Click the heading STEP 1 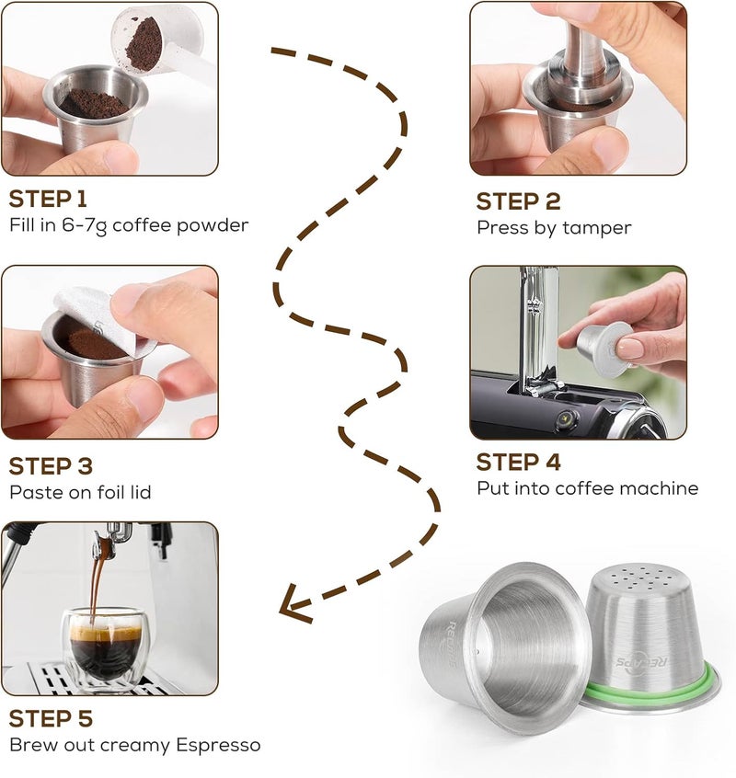48,199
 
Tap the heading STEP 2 518,201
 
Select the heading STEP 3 51,466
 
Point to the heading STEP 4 518,463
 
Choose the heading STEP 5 51,718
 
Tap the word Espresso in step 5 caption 218,745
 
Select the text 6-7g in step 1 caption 85,225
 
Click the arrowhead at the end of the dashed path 293,604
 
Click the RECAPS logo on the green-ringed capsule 642,662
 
